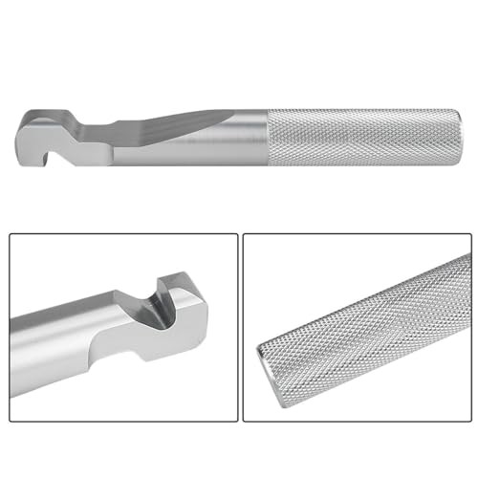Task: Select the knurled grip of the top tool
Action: click(x=363, y=137)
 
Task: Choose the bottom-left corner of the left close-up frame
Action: click(x=11, y=421)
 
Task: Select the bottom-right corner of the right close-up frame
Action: click(x=469, y=421)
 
